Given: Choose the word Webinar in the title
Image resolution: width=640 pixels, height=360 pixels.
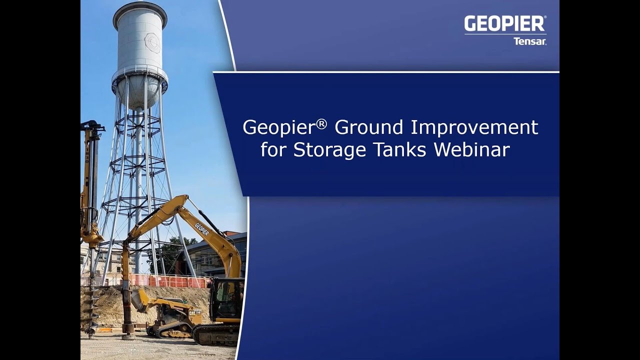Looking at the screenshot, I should [471, 149].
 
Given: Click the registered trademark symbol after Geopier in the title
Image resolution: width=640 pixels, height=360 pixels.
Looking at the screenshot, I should [321, 123].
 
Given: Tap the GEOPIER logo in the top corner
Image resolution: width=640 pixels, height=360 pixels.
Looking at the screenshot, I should [505, 24].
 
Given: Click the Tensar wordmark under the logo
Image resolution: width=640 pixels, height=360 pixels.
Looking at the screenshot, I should [529, 41].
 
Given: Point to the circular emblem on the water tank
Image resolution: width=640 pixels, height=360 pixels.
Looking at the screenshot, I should [152, 43].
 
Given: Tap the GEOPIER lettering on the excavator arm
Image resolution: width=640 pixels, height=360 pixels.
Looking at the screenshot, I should [201, 229].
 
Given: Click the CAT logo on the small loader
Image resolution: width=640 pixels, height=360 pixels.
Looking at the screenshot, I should [192, 312].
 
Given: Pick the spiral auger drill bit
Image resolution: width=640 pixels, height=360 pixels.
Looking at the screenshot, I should [91, 305].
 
